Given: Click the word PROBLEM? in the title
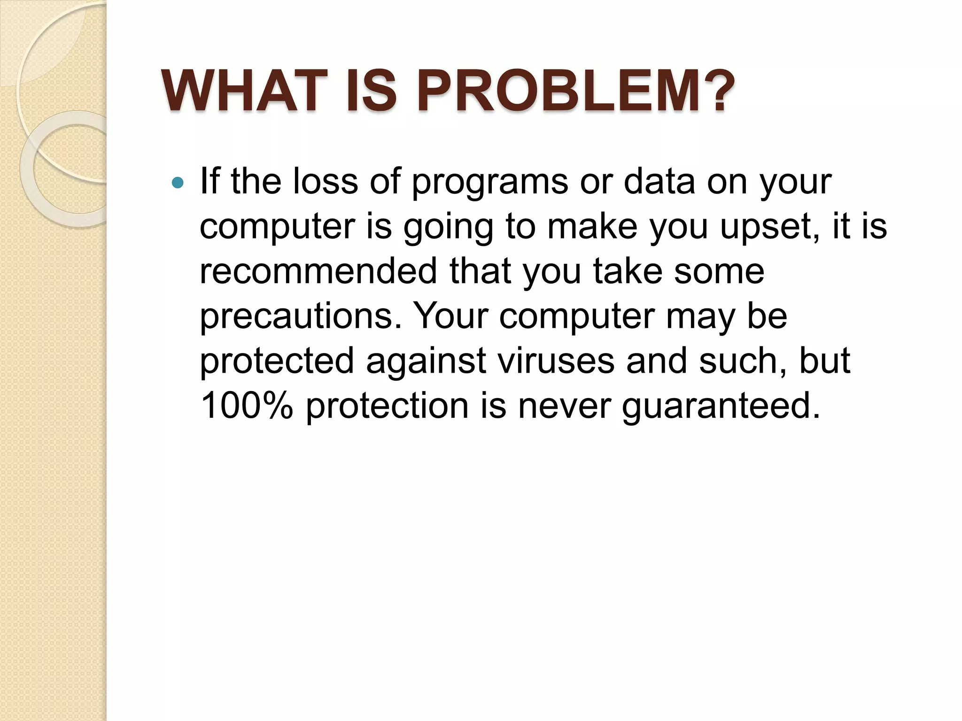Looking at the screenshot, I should (x=575, y=91).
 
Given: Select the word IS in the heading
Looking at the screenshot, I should (x=371, y=91).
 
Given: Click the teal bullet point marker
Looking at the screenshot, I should (x=178, y=183).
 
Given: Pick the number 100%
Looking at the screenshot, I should (x=247, y=406).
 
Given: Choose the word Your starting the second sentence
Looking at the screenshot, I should (x=450, y=316).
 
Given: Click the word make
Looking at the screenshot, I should (x=593, y=226).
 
